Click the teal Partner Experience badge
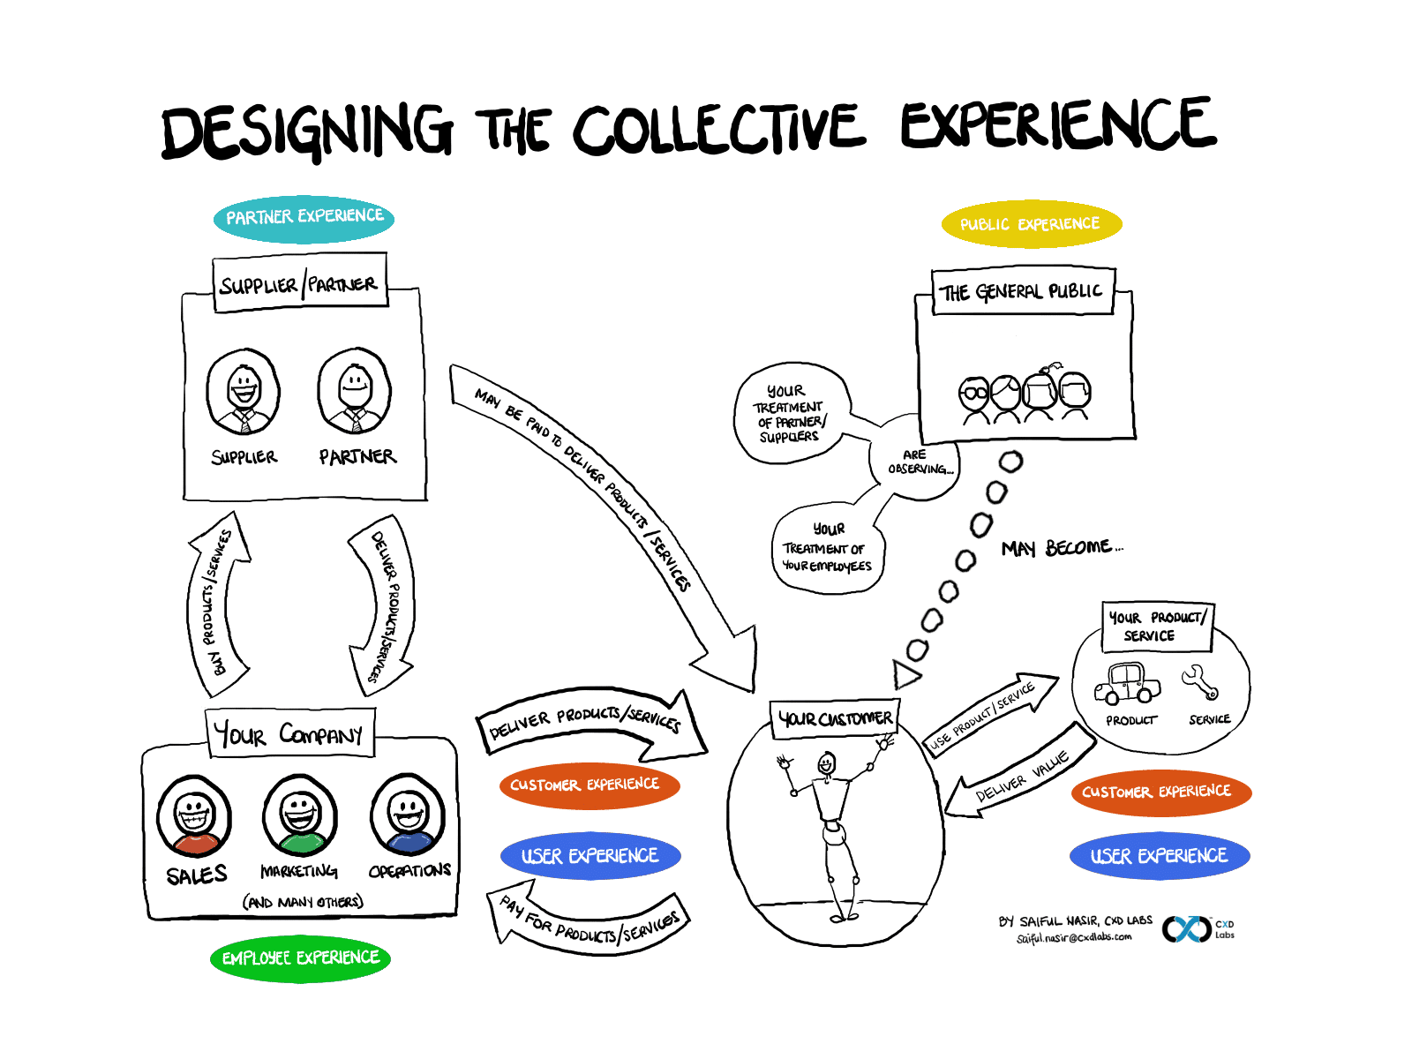tap(304, 218)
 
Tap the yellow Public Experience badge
tap(1031, 224)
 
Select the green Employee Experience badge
tap(300, 958)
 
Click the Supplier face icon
tap(243, 392)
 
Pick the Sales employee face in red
tap(194, 815)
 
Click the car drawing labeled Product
tap(1127, 684)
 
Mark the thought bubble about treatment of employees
tap(827, 549)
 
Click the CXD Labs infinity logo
tap(1186, 929)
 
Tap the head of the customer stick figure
tap(826, 763)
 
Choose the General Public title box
tap(1022, 292)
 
